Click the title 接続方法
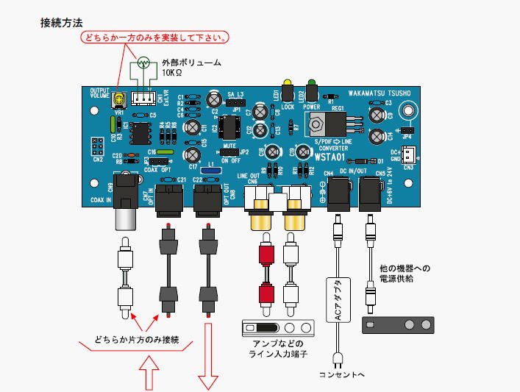(x=62, y=22)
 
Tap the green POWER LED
(x=311, y=85)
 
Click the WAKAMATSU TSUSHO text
(x=380, y=93)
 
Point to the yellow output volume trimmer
(x=119, y=98)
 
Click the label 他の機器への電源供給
(x=399, y=274)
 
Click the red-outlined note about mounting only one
(x=155, y=37)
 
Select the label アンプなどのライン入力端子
(x=276, y=349)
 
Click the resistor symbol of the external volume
(x=144, y=63)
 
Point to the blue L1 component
(x=211, y=171)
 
